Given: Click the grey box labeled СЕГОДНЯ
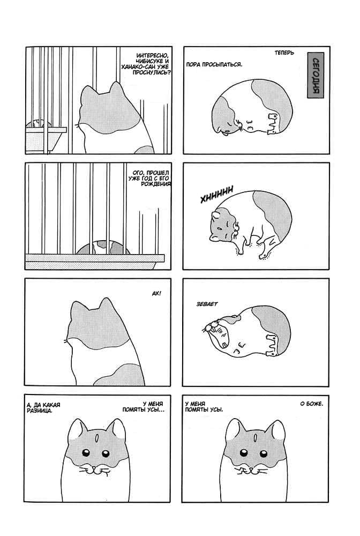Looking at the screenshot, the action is (x=315, y=75).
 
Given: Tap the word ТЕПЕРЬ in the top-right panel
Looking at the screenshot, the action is (x=284, y=53).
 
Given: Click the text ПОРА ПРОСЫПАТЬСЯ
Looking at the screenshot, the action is (x=214, y=64).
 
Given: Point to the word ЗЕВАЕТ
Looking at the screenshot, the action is (x=207, y=304).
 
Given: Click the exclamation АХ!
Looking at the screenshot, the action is (x=156, y=293).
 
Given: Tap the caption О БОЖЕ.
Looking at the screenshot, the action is (x=311, y=404).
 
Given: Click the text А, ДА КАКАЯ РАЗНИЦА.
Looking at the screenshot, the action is (x=43, y=408).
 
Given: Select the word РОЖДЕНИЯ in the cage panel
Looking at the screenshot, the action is (x=156, y=184).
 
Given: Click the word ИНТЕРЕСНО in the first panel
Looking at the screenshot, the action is (x=152, y=56).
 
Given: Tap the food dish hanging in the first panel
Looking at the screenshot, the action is (x=46, y=137).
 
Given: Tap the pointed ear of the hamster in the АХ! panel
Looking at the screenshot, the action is (x=106, y=303).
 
